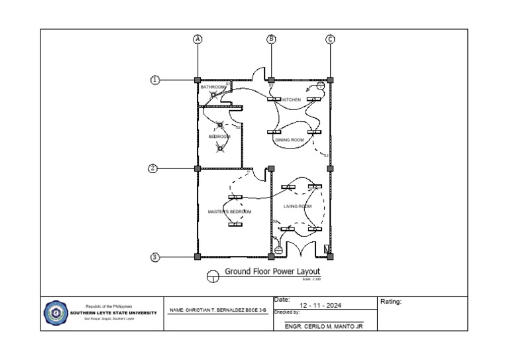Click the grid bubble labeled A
(x=197, y=39)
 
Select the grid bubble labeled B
(x=271, y=39)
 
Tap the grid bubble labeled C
(x=330, y=39)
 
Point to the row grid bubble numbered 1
(x=155, y=80)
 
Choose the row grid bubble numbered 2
(x=152, y=168)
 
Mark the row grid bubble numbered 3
(x=155, y=257)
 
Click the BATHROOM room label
(x=213, y=87)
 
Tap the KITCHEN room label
(x=292, y=100)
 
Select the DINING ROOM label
(x=290, y=140)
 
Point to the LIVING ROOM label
(x=298, y=206)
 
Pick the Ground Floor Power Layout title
(x=272, y=271)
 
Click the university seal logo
(x=55, y=313)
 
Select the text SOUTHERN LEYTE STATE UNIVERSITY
(x=113, y=313)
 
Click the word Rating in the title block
(x=391, y=302)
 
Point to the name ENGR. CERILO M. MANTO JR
(x=323, y=326)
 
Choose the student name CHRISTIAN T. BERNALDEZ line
(x=218, y=310)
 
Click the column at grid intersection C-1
(x=330, y=80)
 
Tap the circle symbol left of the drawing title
(x=213, y=276)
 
